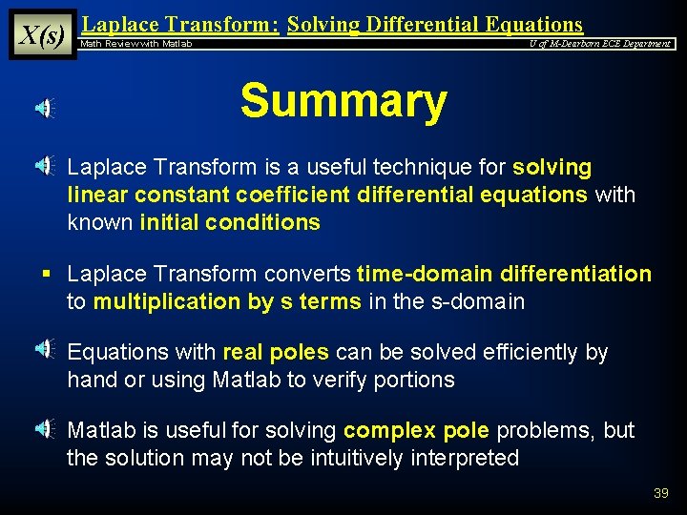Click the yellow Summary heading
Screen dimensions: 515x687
343,101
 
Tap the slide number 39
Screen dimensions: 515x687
660,493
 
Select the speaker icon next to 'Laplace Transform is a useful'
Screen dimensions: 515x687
45,167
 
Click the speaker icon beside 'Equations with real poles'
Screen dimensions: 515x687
45,350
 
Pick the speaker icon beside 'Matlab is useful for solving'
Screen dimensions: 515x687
45,429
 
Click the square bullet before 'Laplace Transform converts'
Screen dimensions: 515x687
45,275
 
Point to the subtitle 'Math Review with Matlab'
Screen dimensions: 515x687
136,44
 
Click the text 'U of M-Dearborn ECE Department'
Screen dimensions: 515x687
600,44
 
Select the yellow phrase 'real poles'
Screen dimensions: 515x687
275,352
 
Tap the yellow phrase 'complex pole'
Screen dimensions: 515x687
416,430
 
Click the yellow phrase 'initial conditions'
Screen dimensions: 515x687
230,222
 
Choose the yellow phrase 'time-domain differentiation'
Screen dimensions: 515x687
504,275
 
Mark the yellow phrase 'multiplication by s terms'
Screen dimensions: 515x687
227,302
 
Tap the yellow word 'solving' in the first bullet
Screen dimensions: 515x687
552,168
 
